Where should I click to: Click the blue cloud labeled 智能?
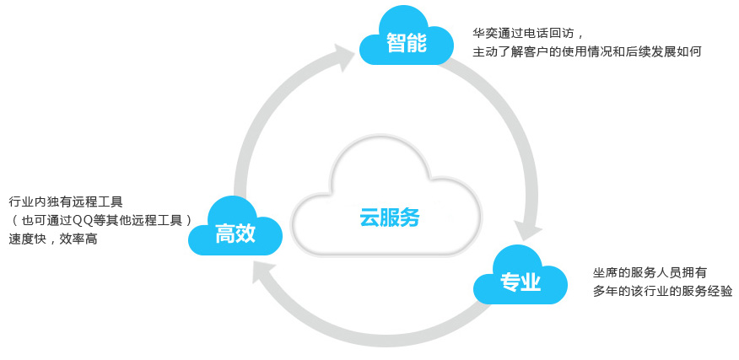(x=407, y=38)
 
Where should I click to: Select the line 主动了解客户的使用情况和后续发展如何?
(x=586, y=52)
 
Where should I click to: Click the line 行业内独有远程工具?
(x=66, y=202)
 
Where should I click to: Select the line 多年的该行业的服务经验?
(x=662, y=291)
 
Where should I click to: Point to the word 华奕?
(x=483, y=34)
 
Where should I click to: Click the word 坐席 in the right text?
(x=604, y=272)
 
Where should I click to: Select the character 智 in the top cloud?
(x=396, y=43)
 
